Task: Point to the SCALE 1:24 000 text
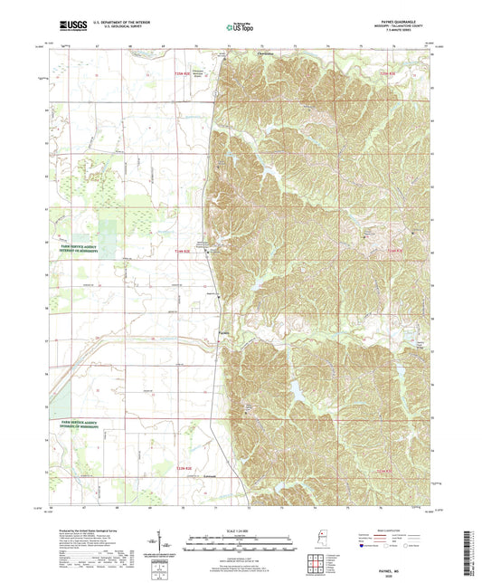241,530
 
